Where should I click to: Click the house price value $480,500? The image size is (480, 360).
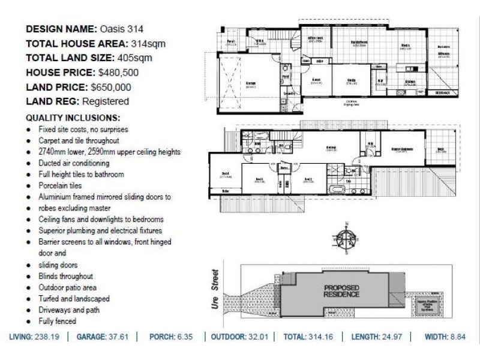(119, 73)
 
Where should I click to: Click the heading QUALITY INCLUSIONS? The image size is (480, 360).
(73, 118)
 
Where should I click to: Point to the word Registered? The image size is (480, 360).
(106, 101)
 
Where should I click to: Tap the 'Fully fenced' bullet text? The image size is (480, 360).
(57, 322)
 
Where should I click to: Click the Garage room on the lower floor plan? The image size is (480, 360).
(251, 83)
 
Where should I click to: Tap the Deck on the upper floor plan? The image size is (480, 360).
(440, 151)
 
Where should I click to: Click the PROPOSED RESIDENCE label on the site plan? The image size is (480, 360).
(342, 291)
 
